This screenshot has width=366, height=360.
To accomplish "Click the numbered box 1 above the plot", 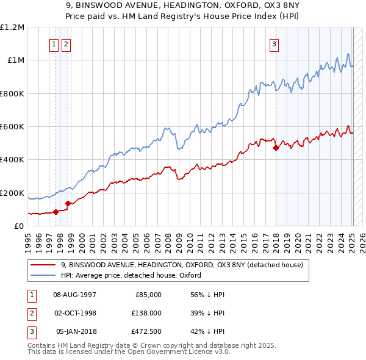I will (54, 44).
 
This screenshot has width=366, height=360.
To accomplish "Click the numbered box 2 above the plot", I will (66, 44).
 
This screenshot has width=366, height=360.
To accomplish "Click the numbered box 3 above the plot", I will (274, 44).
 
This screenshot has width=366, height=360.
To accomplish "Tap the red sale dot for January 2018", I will (276, 148).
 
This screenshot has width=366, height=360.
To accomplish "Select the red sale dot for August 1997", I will (56, 212).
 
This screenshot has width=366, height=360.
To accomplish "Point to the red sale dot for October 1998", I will (68, 203).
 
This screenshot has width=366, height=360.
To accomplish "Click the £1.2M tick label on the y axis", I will (12, 27).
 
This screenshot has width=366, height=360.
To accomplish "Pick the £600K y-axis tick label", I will (12, 127).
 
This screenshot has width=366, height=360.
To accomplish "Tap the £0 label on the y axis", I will (18, 226).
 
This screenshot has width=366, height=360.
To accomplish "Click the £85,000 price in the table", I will (147, 294).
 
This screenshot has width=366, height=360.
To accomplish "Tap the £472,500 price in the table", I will (145, 332).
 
